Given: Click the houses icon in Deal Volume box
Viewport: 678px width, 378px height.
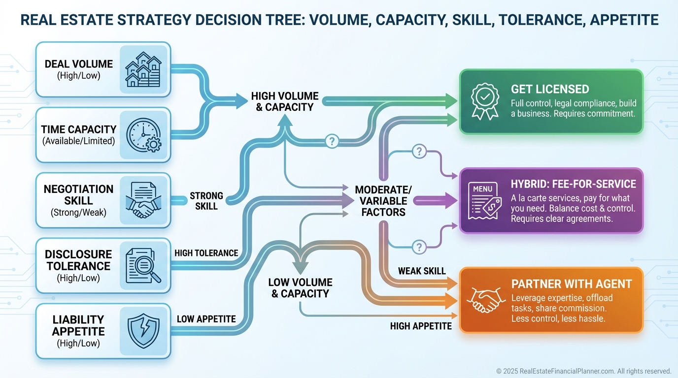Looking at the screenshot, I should [143, 69].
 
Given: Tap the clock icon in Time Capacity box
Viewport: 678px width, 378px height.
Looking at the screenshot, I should [143, 135].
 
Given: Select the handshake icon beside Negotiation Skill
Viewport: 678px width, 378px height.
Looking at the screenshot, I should [143, 200].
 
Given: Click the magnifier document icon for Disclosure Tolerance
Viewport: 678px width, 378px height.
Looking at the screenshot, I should [143, 265].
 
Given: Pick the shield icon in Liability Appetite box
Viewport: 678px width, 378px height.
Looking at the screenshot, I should [143, 331].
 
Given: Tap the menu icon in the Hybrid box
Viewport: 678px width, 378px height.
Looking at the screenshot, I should [485, 200].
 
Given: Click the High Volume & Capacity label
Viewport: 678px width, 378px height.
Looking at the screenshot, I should [285, 101].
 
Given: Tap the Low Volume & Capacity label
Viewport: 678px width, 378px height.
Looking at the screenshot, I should [300, 288].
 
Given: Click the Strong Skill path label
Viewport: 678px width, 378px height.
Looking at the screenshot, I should [206, 201].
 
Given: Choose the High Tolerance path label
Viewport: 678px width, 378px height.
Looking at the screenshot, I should [206, 253].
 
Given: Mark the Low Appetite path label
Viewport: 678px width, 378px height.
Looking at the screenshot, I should [206, 319].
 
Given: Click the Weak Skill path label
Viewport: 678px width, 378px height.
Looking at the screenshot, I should [422, 271].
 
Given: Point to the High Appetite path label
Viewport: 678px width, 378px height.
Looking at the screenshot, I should [421, 326].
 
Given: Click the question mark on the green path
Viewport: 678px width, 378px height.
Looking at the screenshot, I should [332, 141].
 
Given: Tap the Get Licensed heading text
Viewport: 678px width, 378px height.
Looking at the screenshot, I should [550, 89].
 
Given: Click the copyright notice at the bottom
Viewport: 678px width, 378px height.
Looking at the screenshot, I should [583, 371].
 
